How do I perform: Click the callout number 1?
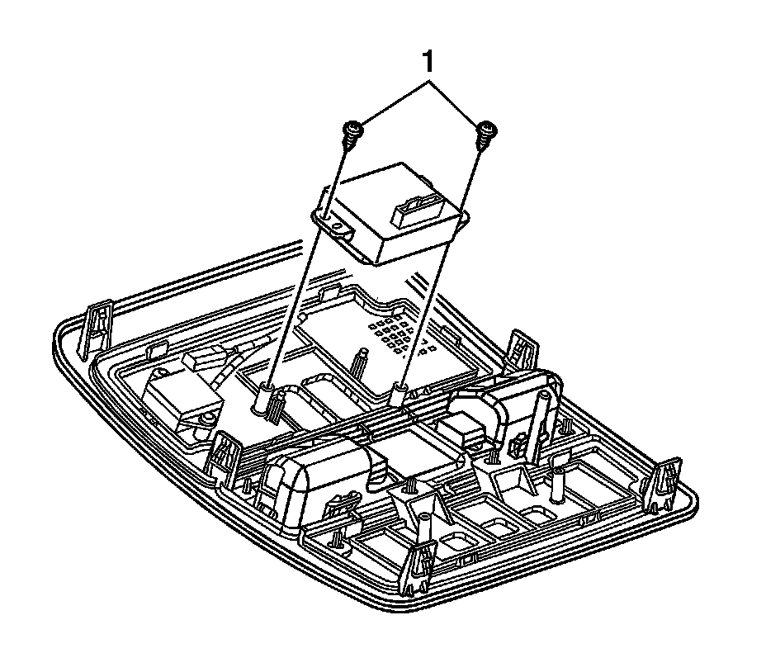point(428,63)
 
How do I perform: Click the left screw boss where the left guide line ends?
point(262,397)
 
